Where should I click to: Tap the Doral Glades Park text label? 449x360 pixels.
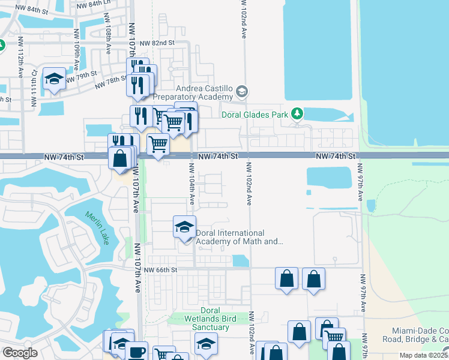coord(255,114)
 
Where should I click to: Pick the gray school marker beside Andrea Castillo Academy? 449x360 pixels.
coord(242,92)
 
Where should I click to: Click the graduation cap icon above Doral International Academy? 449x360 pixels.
coord(185,227)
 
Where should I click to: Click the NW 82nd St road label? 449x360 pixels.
coord(157,43)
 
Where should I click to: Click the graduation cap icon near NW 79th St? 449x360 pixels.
coord(55,79)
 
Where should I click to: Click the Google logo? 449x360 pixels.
coord(20,352)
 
